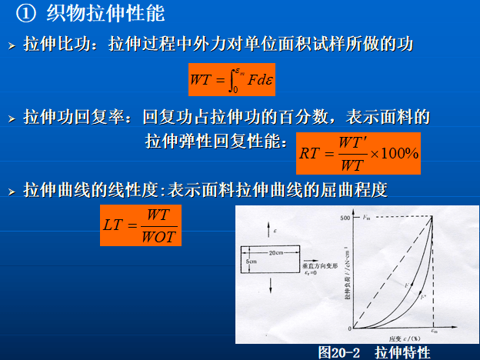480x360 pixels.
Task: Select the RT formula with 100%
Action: click(359, 153)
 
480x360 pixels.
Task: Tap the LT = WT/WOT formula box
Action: click(140, 225)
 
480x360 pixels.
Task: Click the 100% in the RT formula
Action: click(400, 153)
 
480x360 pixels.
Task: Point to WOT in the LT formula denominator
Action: click(159, 235)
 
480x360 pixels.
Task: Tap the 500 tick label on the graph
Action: click(344, 218)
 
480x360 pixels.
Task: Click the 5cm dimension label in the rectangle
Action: click(252, 262)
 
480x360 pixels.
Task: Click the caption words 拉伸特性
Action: click(402, 352)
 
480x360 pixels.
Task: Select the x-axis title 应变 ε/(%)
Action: click(392, 338)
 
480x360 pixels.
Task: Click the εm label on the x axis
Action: click(433, 332)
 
